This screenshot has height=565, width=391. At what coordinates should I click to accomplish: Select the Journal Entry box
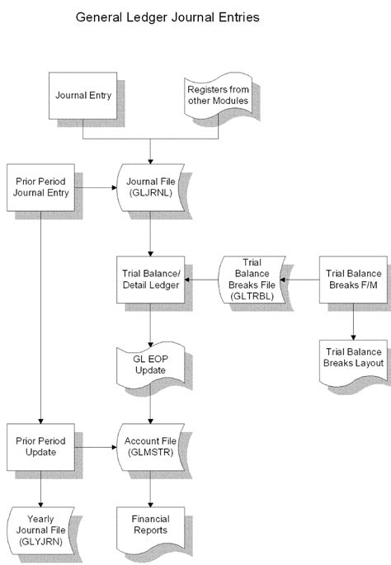pos(83,94)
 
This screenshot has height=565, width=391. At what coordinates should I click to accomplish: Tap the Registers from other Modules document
pos(218,94)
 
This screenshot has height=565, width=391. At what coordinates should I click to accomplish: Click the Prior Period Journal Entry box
pos(39,186)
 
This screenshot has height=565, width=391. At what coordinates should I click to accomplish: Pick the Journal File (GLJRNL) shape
pos(150,187)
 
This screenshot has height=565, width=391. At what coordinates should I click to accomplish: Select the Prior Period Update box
pos(39,447)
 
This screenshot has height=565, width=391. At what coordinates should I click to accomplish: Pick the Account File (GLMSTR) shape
pos(150,447)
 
